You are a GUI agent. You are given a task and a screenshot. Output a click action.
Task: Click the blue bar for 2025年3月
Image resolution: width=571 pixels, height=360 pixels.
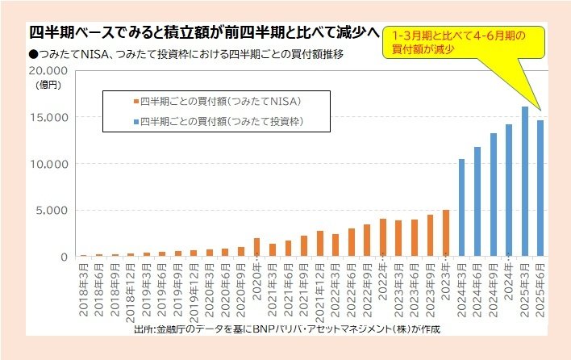pyautogui.click(x=524, y=182)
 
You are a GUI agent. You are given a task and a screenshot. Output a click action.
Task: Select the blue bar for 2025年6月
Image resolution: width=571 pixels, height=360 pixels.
pyautogui.click(x=540, y=188)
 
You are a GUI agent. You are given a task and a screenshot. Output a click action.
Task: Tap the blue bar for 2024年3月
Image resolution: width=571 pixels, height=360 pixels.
pyautogui.click(x=461, y=207)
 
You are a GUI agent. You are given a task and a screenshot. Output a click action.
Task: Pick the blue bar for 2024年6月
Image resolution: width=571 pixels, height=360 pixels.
pyautogui.click(x=477, y=202)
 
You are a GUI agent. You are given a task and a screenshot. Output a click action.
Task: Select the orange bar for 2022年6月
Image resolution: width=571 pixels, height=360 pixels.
pyautogui.click(x=352, y=242)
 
